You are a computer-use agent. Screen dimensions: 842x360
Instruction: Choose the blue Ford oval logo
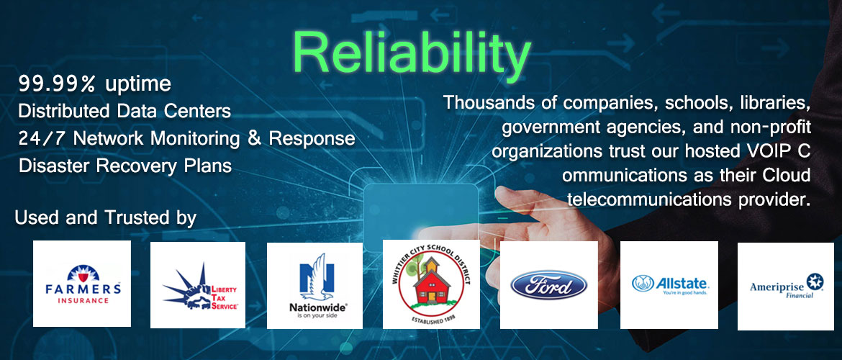click(549, 285)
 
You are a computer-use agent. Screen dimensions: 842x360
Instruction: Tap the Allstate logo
click(669, 284)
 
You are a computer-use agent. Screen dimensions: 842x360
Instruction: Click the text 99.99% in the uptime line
click(56, 84)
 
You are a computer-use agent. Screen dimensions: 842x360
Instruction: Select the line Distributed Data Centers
click(125, 111)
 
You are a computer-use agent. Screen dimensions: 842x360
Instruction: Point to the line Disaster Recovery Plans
click(125, 166)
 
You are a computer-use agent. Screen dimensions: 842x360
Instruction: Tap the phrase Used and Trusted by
click(105, 218)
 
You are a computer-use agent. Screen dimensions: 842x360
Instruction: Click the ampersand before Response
click(255, 139)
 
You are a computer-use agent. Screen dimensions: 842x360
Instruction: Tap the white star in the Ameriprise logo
click(815, 281)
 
